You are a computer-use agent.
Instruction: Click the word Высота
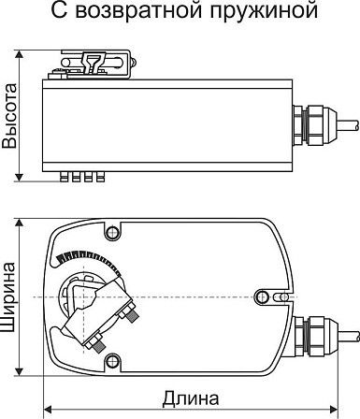9,116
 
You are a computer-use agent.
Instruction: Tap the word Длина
191,398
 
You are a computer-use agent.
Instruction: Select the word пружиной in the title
264,11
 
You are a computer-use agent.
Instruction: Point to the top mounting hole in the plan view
112,232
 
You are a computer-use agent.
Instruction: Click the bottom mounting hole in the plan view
112,361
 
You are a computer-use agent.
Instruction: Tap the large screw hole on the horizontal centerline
262,296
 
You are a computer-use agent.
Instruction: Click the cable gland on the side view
315,126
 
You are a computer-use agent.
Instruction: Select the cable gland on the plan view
315,338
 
